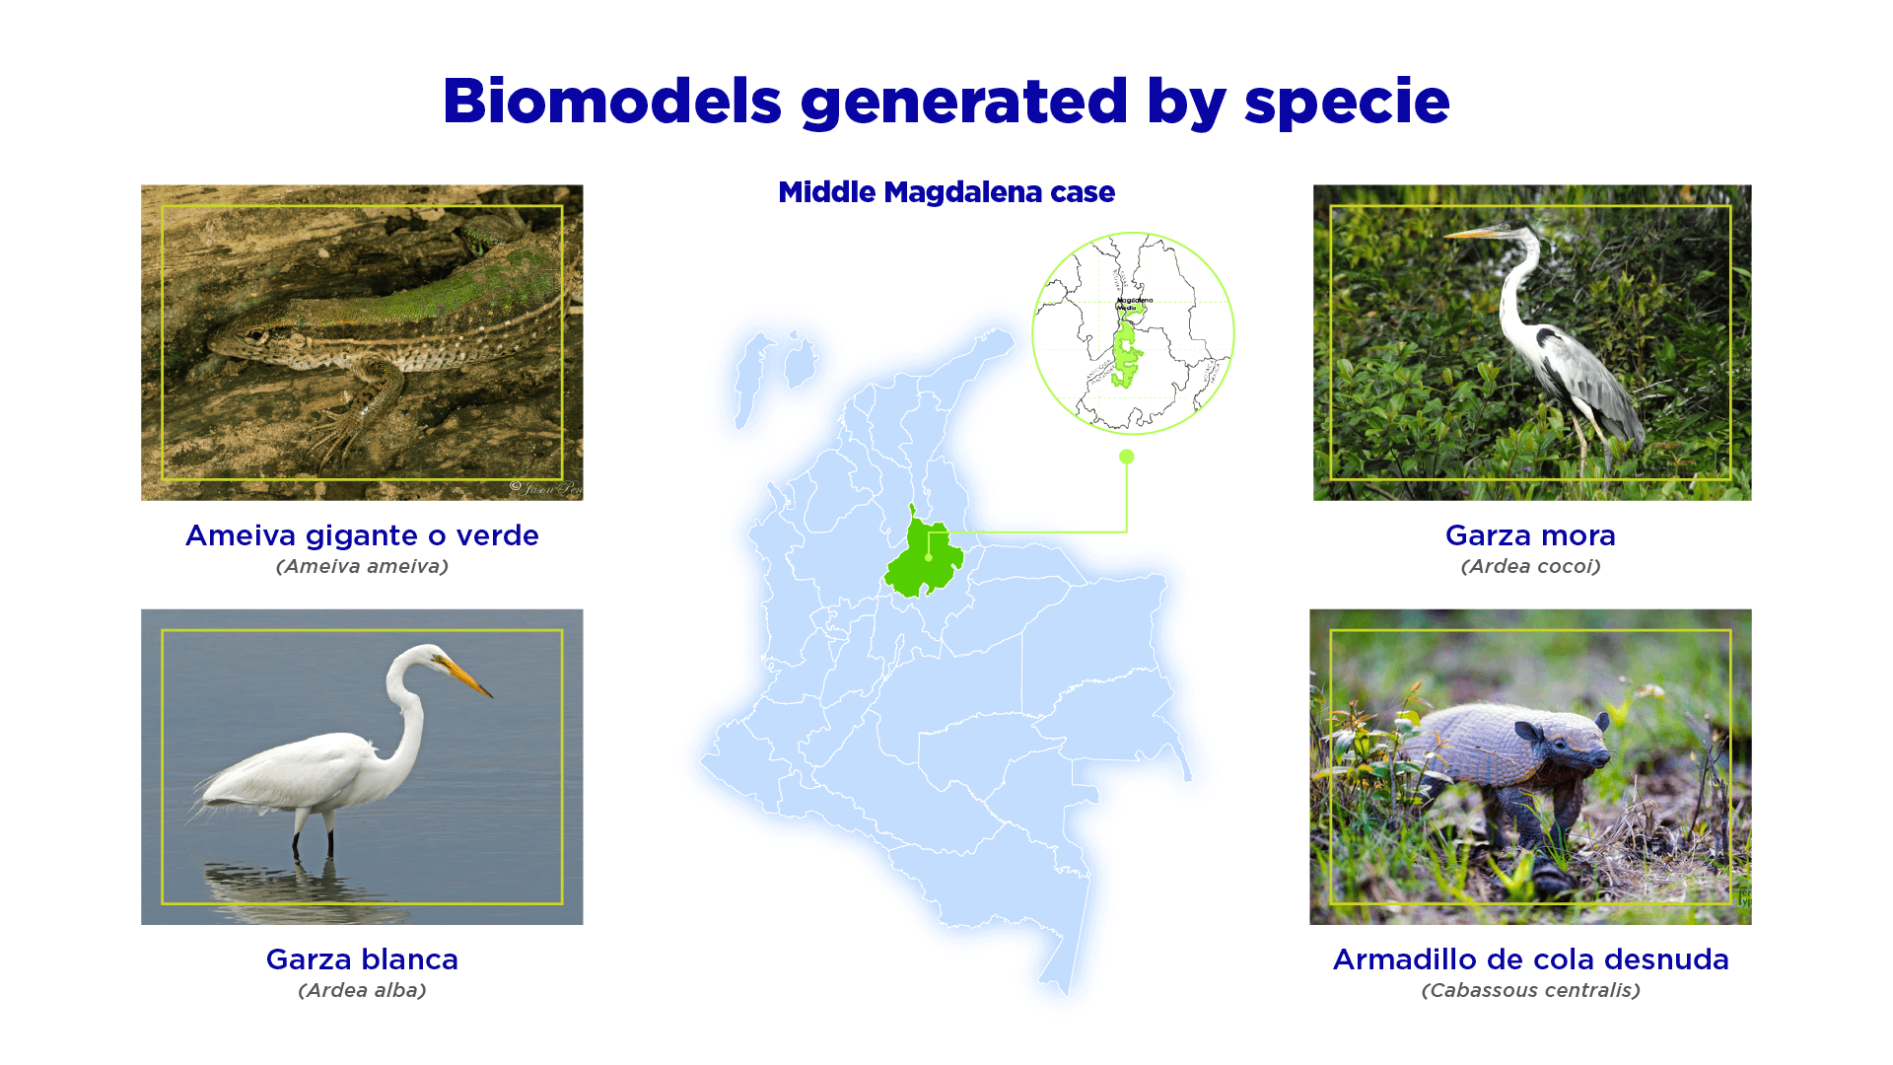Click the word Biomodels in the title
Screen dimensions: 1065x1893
[611, 101]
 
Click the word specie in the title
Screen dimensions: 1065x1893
[1347, 103]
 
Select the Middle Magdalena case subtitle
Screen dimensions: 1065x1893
[946, 192]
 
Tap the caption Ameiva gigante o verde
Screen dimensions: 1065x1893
[362, 535]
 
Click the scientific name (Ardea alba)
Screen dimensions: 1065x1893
[362, 990]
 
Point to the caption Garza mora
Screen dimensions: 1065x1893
[1530, 535]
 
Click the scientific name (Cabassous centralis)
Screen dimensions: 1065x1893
[1530, 990]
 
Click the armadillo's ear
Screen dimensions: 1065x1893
[1529, 731]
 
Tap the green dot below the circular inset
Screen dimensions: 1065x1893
[1127, 457]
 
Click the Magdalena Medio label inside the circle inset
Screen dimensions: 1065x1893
[1134, 303]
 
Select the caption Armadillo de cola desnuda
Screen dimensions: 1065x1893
[1530, 959]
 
